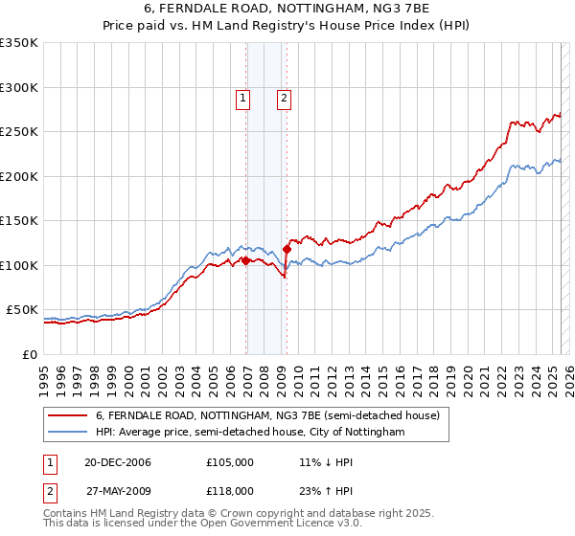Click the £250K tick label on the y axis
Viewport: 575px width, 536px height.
pos(19,131)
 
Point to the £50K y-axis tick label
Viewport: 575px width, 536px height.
pos(22,309)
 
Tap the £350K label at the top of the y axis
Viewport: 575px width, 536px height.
pos(19,43)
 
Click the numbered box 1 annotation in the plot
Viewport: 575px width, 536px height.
pos(242,97)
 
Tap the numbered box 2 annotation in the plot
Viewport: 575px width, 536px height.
pos(285,97)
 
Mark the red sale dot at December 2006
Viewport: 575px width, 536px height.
pos(245,260)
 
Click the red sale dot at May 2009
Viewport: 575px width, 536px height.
pos(287,249)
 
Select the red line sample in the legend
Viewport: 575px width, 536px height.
pos(68,415)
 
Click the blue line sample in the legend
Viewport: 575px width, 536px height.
pos(68,432)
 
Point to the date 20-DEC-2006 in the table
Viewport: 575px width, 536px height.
pos(110,463)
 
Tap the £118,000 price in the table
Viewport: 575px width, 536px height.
pos(230,490)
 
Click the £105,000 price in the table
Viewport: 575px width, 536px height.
pos(230,463)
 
